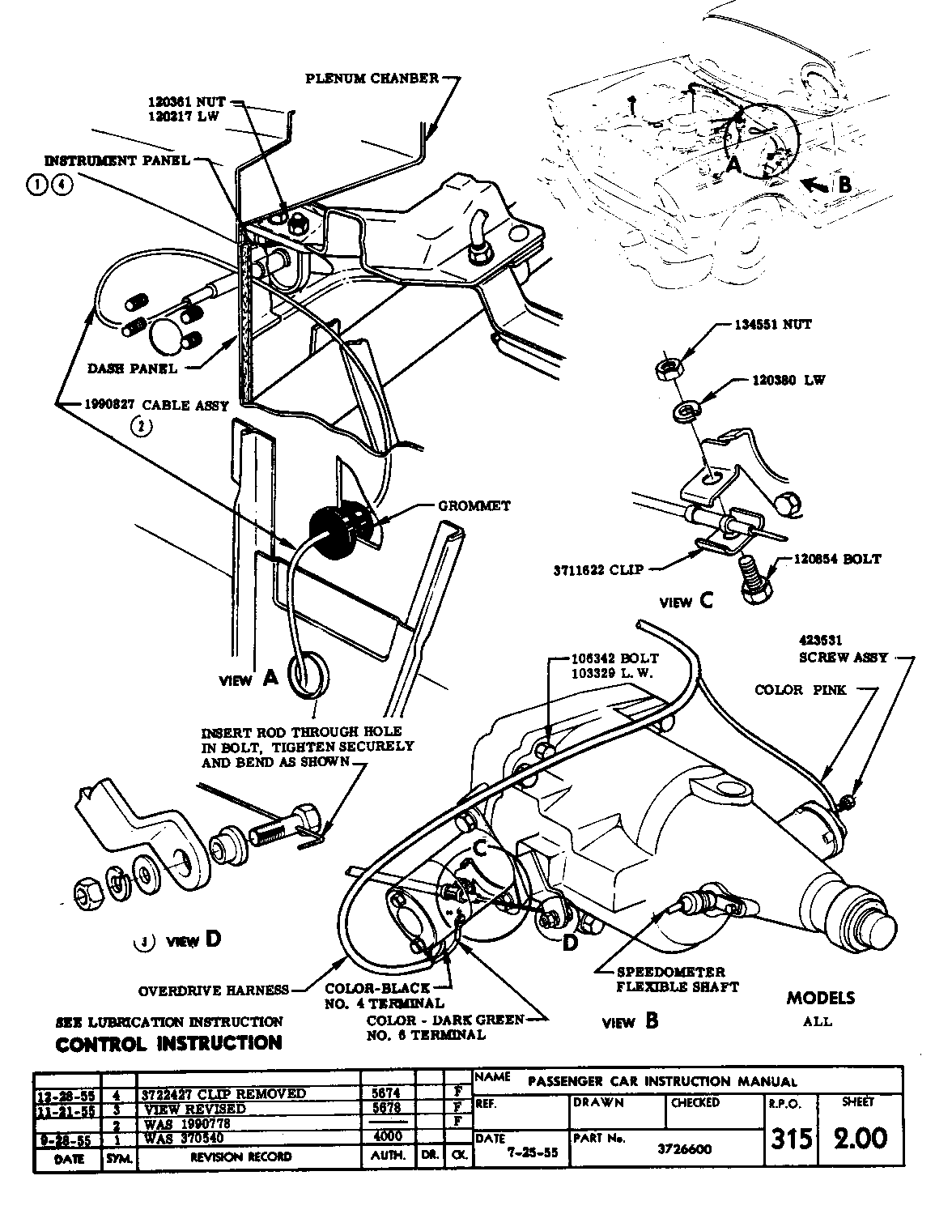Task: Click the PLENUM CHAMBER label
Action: pos(372,79)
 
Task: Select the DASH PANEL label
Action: pos(132,368)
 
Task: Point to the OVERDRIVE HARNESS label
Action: pos(213,989)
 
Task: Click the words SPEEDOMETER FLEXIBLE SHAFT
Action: pos(670,978)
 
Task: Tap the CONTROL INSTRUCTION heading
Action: pos(168,1042)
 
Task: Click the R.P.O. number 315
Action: pos(790,1139)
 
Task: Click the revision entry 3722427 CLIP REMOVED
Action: pos(224,1093)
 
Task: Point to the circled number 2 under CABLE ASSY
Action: pos(139,426)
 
